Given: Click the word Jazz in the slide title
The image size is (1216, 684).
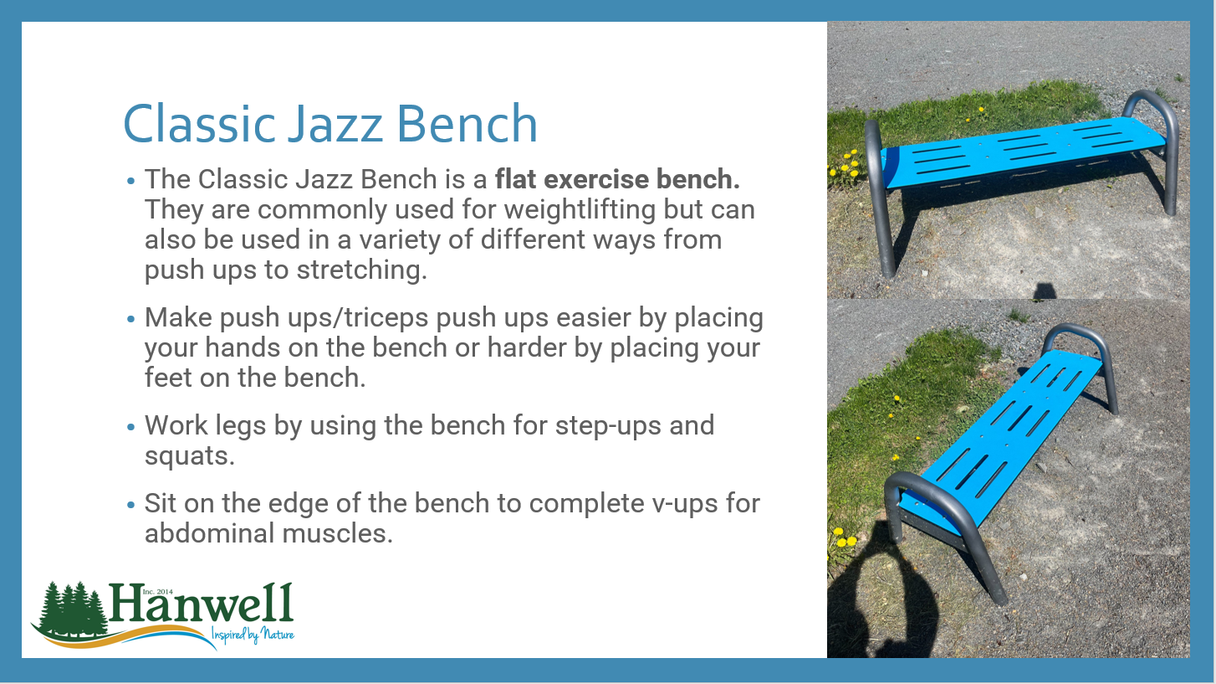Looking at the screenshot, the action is [x=335, y=123].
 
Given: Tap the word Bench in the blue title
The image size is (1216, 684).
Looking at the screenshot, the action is [x=467, y=123].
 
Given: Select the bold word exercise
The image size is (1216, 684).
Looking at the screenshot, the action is [x=596, y=178].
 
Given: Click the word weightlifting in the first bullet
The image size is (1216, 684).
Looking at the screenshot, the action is [x=580, y=209].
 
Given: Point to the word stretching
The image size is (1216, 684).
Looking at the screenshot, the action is [x=361, y=270].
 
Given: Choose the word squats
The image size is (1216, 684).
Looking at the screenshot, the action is [x=190, y=456].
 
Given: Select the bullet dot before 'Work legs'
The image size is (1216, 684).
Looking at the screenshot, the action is [x=130, y=427].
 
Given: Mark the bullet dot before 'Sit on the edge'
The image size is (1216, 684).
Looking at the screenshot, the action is [x=130, y=505].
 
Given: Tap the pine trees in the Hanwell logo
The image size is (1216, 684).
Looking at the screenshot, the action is [x=70, y=609].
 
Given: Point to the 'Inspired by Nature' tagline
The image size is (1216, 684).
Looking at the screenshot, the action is [x=253, y=635].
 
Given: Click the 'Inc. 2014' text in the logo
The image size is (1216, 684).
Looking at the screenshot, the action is [x=157, y=592].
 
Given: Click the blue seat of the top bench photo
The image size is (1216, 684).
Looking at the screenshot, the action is [x=1020, y=152].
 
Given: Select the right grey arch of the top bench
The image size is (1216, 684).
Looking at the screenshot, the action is [x=1169, y=142].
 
